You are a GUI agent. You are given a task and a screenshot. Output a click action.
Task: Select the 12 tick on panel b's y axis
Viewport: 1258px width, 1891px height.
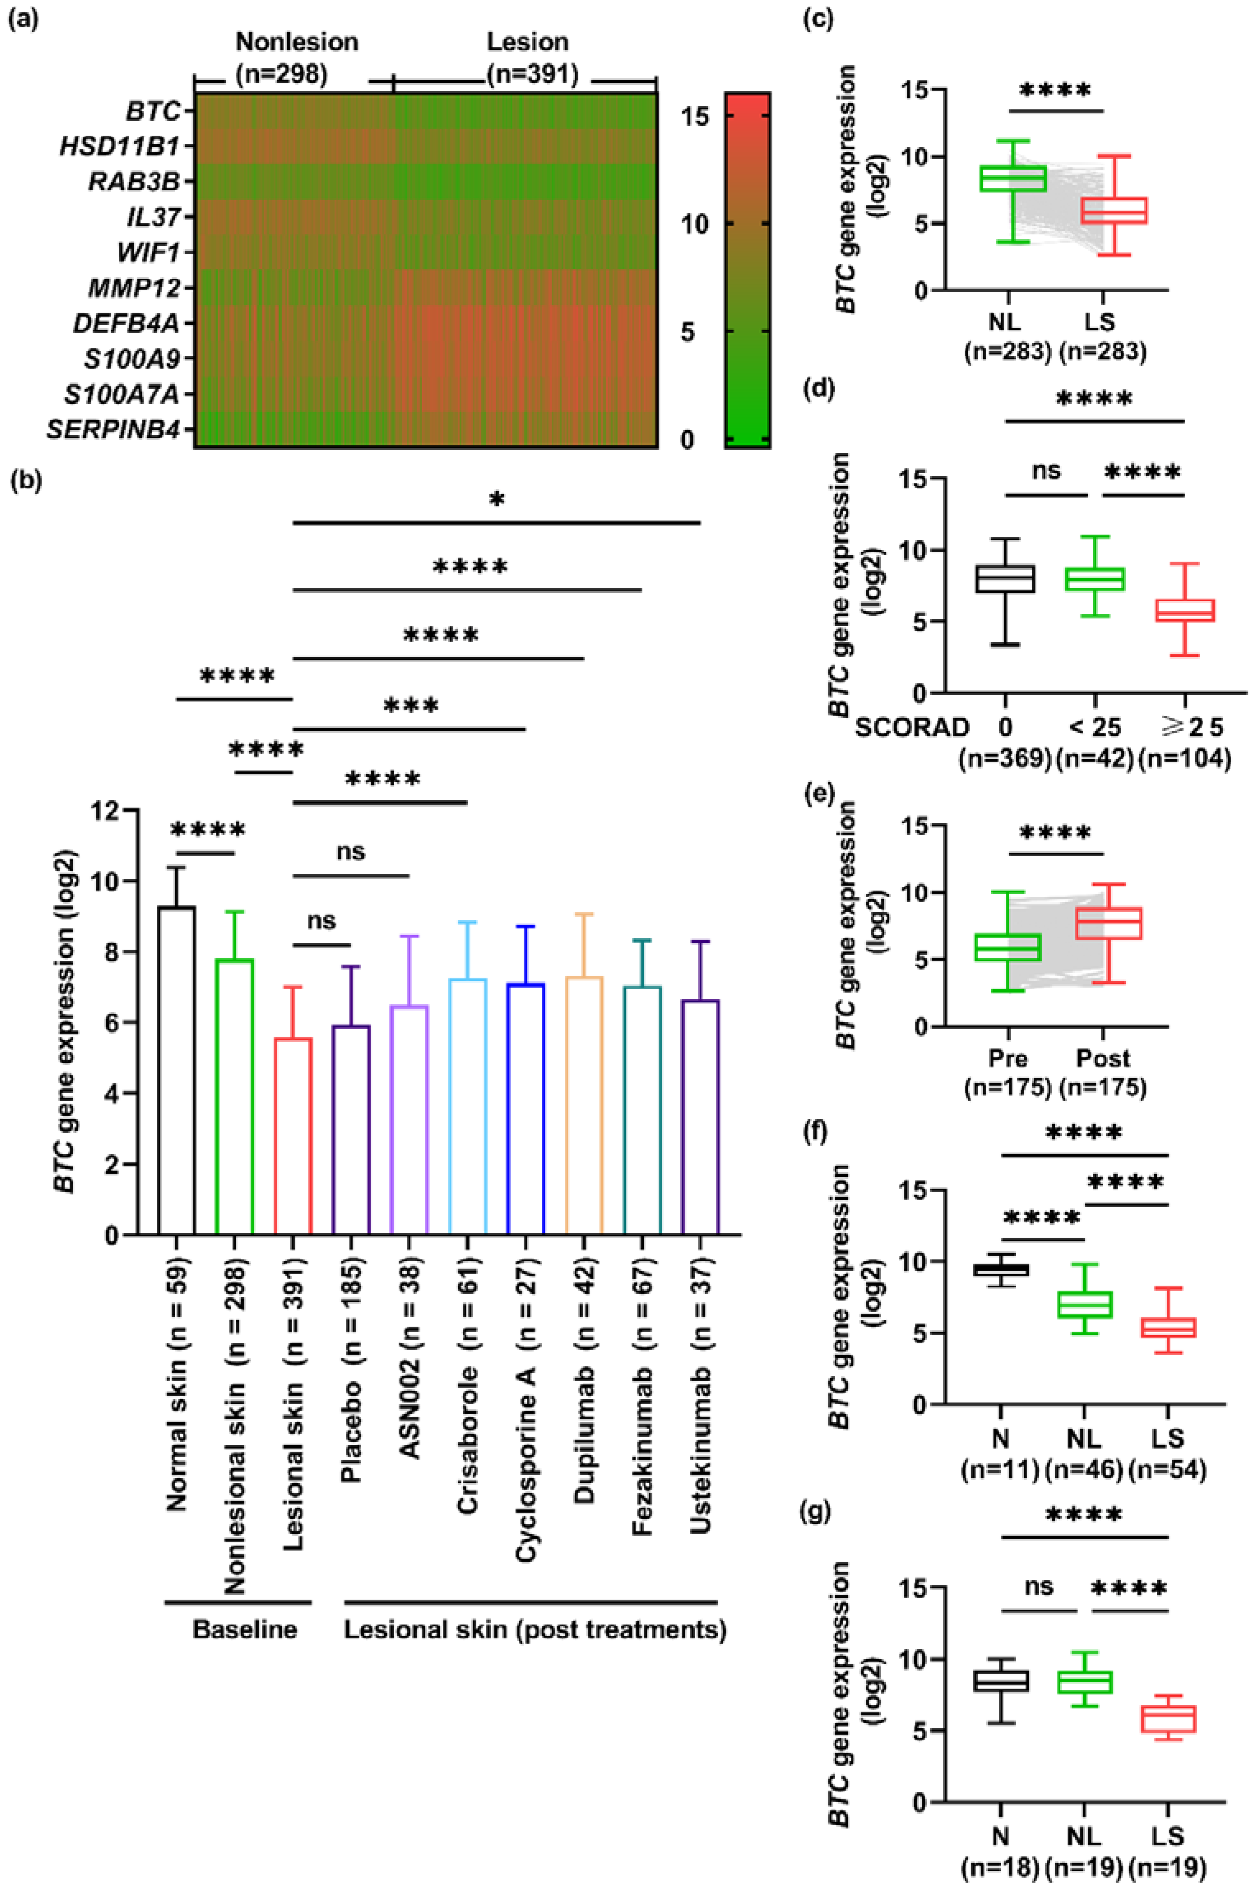(x=105, y=810)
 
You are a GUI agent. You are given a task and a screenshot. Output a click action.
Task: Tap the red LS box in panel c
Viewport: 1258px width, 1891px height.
(x=1122, y=210)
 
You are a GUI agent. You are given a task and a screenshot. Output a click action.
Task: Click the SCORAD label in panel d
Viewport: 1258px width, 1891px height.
(x=911, y=727)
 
